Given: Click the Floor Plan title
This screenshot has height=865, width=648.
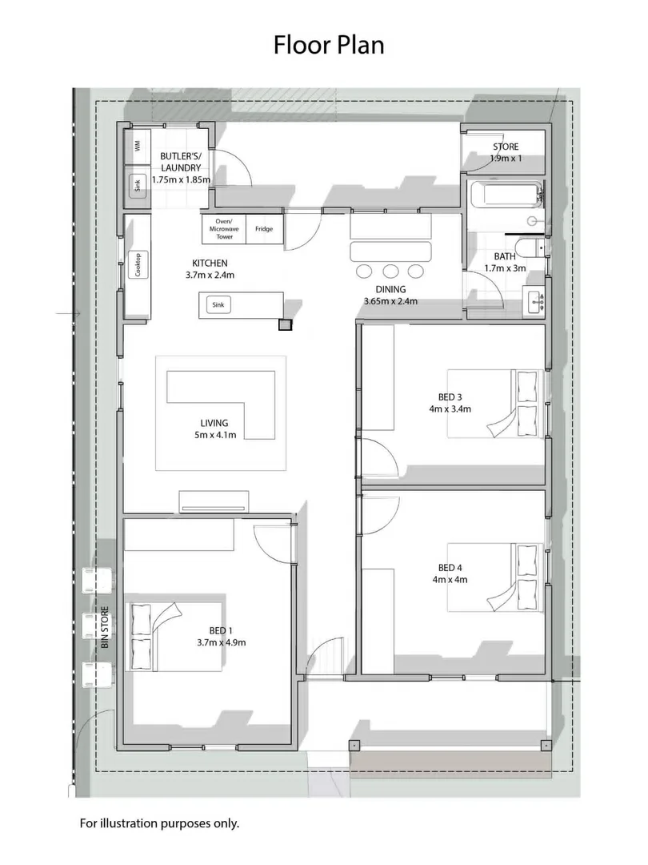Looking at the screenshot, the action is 329,45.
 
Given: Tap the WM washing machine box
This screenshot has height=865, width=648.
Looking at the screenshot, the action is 138,147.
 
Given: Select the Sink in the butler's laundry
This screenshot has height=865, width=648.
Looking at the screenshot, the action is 138,185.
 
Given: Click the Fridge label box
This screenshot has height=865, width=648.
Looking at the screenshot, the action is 264,229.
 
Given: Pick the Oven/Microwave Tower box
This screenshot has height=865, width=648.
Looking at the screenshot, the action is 224,229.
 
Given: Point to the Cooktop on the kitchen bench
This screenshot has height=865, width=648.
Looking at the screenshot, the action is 138,265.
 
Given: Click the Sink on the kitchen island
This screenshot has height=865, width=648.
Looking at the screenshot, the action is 218,304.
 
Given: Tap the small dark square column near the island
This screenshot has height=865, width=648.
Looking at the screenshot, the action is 285,325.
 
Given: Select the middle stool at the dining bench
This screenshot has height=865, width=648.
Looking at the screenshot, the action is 390,271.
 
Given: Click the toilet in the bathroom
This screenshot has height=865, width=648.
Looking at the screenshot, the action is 536,248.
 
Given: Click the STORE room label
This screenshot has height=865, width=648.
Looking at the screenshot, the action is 506,147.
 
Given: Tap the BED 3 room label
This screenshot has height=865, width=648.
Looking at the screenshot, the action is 450,397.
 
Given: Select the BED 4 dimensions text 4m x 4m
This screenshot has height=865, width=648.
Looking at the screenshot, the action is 450,580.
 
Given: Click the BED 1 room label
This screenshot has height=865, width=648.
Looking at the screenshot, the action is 221,630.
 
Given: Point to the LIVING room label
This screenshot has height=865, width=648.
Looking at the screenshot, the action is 214,423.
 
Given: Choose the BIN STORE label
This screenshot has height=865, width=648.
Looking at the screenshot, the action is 106,627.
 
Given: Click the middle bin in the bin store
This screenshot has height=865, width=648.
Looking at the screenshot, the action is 98,626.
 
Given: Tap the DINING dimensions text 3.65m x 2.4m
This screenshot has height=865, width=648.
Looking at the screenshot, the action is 390,301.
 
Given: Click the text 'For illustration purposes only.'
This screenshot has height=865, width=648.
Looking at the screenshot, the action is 160,823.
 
